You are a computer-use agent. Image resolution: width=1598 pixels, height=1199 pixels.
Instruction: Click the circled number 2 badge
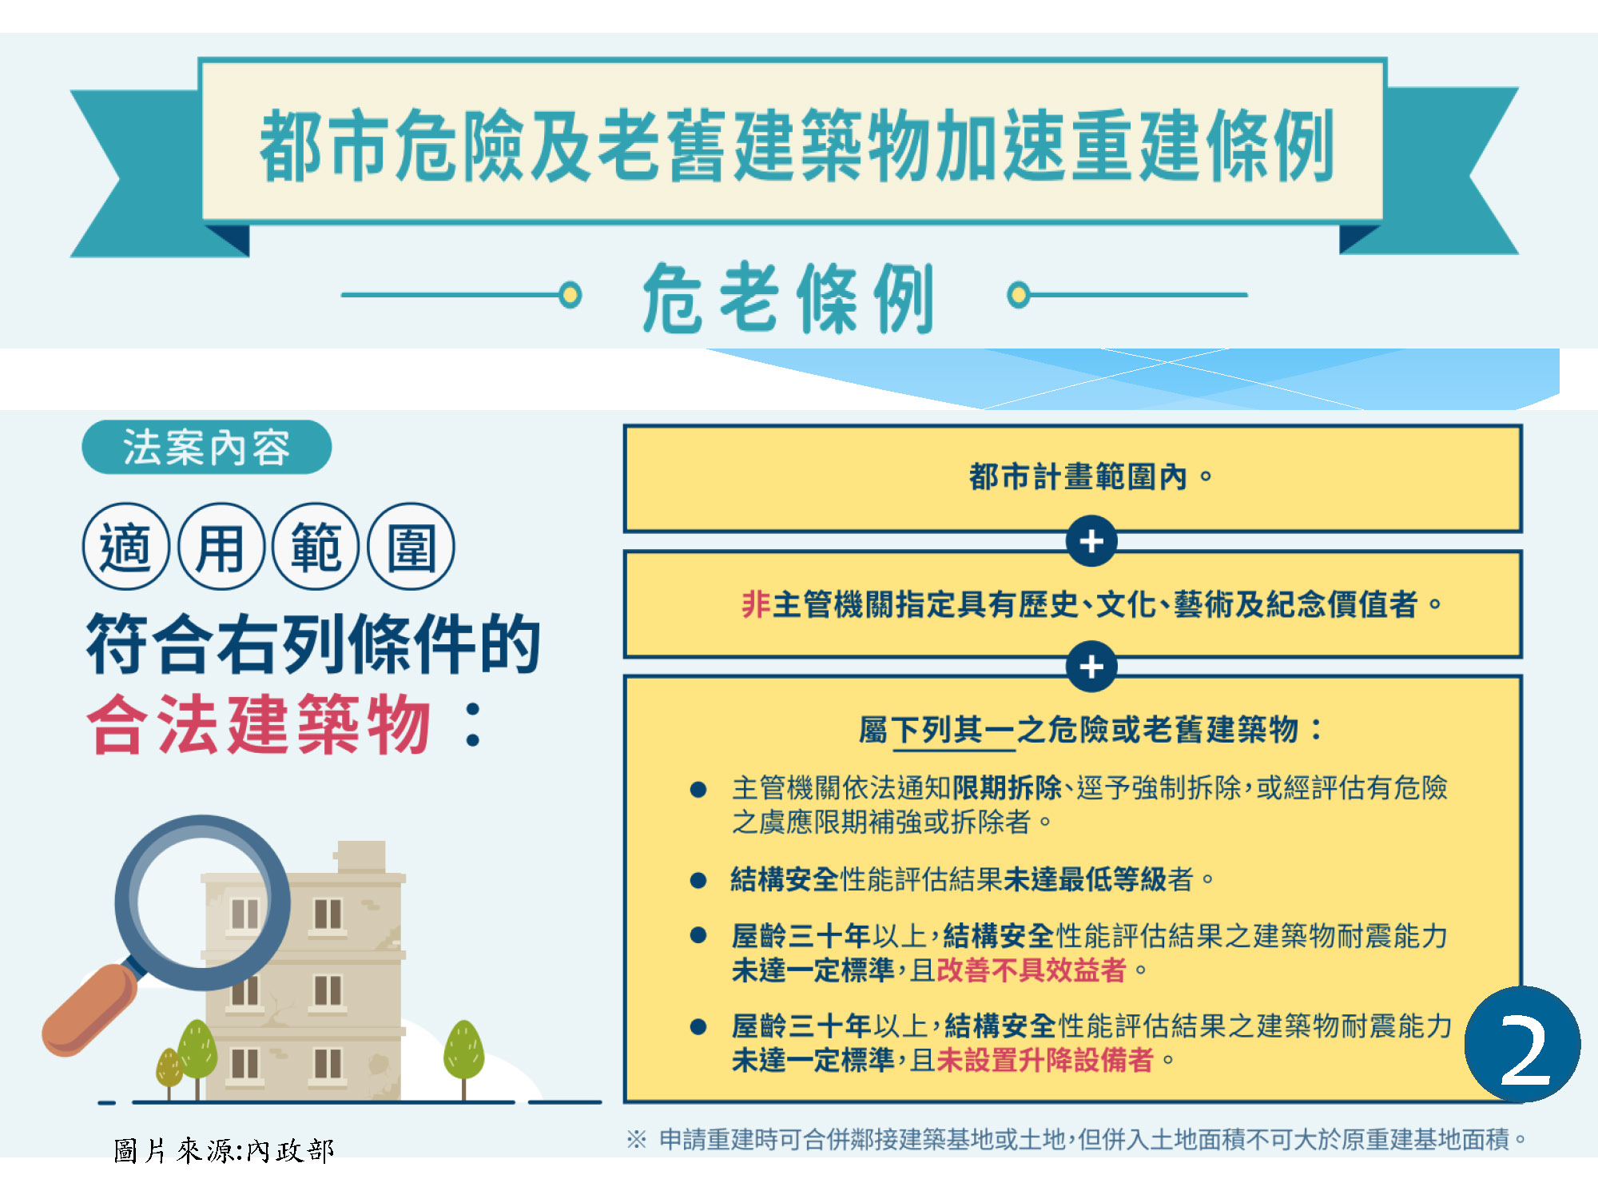click(x=1522, y=1044)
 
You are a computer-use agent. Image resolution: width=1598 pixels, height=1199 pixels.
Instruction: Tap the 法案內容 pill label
click(x=206, y=447)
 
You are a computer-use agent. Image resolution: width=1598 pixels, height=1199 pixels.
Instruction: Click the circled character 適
click(x=125, y=547)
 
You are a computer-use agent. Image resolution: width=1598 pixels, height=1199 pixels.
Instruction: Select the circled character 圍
click(x=411, y=547)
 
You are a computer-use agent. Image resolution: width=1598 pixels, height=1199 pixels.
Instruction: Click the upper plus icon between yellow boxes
click(x=1091, y=541)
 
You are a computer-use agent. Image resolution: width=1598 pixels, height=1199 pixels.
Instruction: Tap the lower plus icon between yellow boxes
click(x=1091, y=667)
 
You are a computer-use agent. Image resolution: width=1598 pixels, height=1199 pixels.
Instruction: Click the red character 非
click(x=755, y=604)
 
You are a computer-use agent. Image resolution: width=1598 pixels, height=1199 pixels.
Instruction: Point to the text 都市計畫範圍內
click(x=1078, y=477)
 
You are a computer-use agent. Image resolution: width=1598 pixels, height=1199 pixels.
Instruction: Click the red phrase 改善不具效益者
click(x=1031, y=970)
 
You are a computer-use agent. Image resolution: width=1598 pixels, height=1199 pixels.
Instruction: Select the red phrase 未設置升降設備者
click(x=1045, y=1061)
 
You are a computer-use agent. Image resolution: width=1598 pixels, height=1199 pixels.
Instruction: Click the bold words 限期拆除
click(x=1007, y=788)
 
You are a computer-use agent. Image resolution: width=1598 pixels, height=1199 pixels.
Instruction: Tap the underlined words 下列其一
click(x=952, y=730)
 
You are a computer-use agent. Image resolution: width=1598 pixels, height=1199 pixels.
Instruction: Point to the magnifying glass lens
click(x=203, y=902)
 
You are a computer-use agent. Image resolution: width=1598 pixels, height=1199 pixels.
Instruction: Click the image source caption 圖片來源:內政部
click(x=224, y=1151)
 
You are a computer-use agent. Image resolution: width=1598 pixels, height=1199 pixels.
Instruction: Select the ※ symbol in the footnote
click(x=636, y=1139)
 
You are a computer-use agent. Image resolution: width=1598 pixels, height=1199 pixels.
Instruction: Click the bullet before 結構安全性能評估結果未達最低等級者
click(x=698, y=880)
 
